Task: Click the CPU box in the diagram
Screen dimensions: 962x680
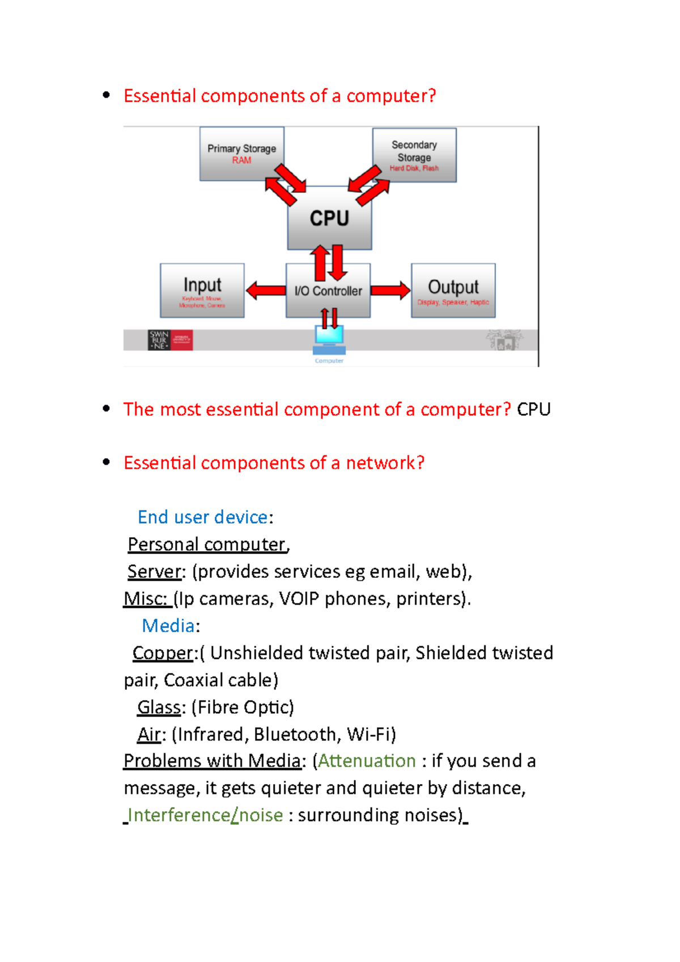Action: (329, 218)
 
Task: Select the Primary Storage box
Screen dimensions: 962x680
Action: (241, 154)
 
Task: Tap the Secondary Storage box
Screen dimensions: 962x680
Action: (414, 155)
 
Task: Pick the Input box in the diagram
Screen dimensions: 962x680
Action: (202, 290)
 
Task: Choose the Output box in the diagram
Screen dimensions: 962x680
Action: (453, 290)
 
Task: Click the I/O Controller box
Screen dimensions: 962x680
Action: (328, 291)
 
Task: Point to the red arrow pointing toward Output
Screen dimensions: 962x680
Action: (390, 290)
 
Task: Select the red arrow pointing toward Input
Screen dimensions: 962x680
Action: (266, 290)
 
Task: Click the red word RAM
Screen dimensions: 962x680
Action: (241, 160)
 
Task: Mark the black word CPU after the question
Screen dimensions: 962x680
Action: (534, 409)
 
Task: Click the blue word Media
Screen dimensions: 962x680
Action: (168, 625)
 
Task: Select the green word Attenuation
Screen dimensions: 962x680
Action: (367, 760)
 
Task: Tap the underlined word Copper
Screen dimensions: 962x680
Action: (163, 653)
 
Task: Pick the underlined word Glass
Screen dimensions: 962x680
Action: (159, 707)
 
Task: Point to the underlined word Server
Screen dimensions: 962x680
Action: (154, 571)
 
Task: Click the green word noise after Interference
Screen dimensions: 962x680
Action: (261, 815)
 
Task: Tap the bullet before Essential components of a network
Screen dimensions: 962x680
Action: (106, 462)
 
